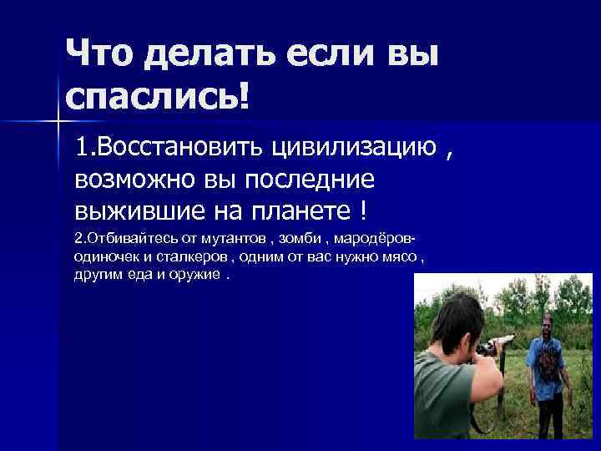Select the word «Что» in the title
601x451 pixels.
tap(99, 55)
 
